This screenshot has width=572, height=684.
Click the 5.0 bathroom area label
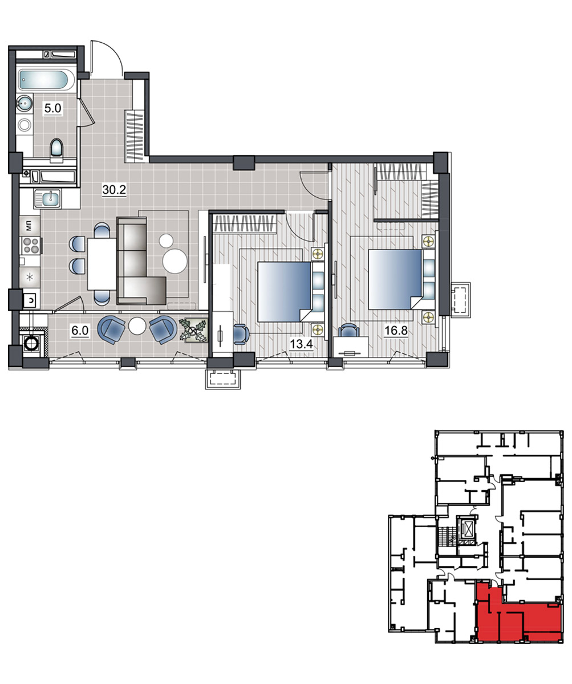pos(52,108)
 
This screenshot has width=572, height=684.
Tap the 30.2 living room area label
pos(114,189)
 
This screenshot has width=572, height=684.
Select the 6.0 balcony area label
pos(80,331)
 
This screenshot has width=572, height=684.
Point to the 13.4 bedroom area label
pos(301,344)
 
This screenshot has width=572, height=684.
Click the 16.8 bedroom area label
pos(396,331)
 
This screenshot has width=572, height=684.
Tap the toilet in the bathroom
pos(56,150)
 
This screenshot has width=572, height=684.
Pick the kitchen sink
pos(48,199)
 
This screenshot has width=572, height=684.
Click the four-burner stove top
pos(31,246)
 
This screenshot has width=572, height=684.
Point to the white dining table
pos(102,264)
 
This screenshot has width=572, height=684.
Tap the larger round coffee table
pos(175,261)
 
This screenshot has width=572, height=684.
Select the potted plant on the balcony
pos(193,331)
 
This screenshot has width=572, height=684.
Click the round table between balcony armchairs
pos(137,325)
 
